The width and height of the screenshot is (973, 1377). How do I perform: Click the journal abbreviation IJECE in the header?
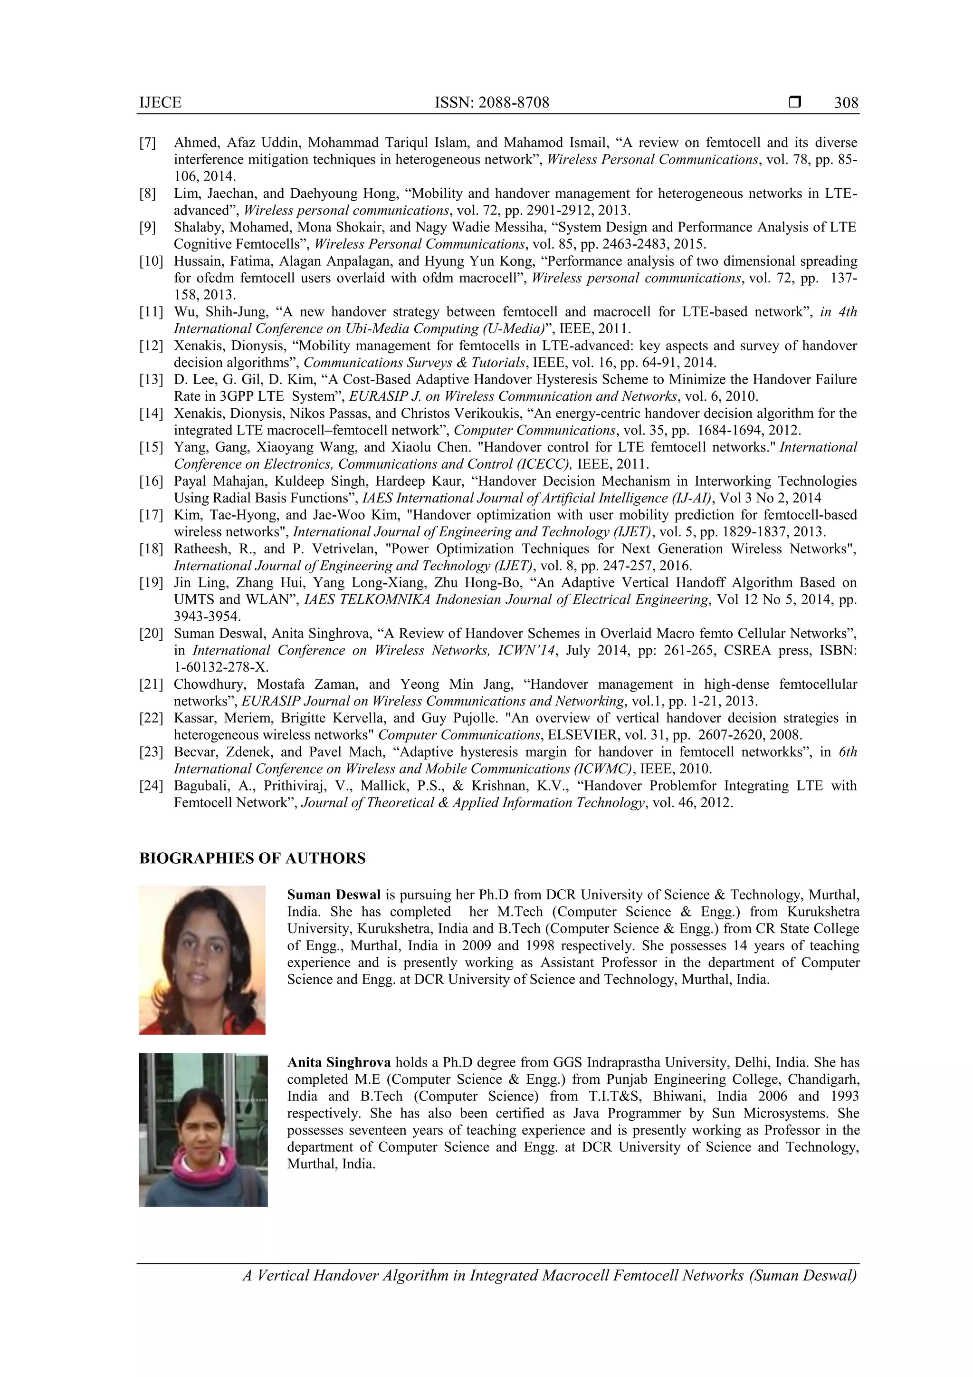pos(160,103)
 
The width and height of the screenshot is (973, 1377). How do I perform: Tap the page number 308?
pos(846,103)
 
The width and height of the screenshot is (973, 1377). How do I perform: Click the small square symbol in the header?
pos(795,102)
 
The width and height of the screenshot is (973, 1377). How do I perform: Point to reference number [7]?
pos(147,143)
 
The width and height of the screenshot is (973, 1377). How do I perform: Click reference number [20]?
pos(151,633)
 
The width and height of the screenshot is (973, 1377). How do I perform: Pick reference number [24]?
pos(151,786)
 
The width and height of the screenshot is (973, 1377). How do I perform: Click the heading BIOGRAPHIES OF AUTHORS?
pos(252,858)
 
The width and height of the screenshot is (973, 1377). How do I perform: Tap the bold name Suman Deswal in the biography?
pos(334,895)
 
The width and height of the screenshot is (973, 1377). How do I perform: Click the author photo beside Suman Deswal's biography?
pos(202,960)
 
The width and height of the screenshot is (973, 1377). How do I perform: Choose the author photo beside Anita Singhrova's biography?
pos(203,1130)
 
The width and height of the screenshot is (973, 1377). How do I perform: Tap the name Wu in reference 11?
pos(183,312)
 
